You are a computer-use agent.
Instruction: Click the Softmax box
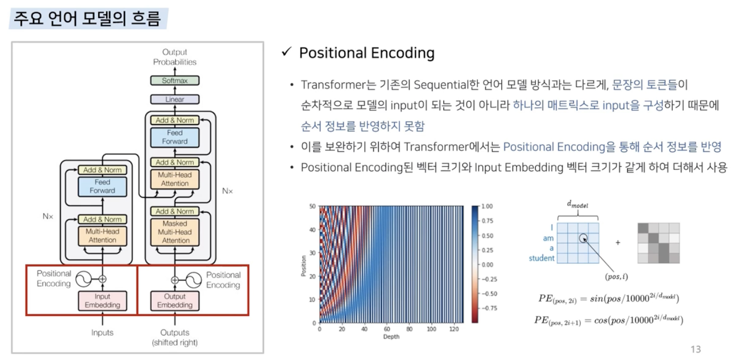pyautogui.click(x=175, y=81)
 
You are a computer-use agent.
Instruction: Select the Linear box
pyautogui.click(x=175, y=99)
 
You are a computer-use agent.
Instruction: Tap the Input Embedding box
pyautogui.click(x=102, y=301)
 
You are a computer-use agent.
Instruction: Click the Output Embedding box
pyautogui.click(x=175, y=301)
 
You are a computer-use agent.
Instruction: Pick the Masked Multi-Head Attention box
pyautogui.click(x=175, y=232)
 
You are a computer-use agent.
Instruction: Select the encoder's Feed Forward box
pyautogui.click(x=102, y=186)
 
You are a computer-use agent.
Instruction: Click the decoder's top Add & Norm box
pyautogui.click(x=175, y=121)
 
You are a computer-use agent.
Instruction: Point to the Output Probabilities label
pyautogui.click(x=175, y=57)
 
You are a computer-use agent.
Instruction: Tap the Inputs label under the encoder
pyautogui.click(x=102, y=333)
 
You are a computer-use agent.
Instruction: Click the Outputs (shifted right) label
pyautogui.click(x=175, y=338)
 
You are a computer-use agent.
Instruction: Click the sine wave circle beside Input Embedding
pyautogui.click(x=83, y=279)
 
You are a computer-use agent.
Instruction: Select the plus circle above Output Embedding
pyautogui.click(x=175, y=280)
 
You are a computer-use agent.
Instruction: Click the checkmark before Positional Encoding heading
pyautogui.click(x=287, y=52)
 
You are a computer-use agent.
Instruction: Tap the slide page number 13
pyautogui.click(x=696, y=349)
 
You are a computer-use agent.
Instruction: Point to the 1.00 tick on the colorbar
pyautogui.click(x=487, y=207)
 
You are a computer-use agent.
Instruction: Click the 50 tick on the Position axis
pyautogui.click(x=312, y=207)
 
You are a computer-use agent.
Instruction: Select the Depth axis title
pyautogui.click(x=391, y=337)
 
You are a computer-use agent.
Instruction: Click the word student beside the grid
pyautogui.click(x=542, y=258)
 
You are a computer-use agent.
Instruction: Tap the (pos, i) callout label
pyautogui.click(x=616, y=277)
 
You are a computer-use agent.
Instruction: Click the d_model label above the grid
pyautogui.click(x=577, y=204)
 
